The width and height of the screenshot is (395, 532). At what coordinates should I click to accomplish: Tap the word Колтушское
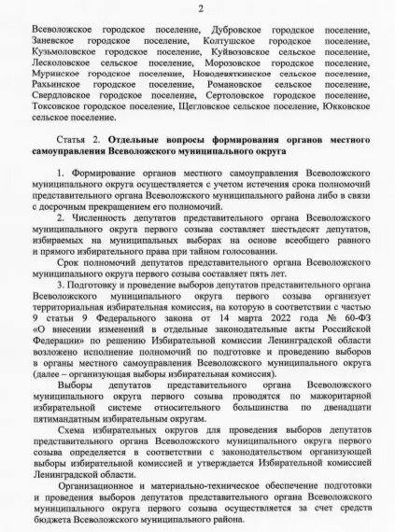pyautogui.click(x=229, y=41)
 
